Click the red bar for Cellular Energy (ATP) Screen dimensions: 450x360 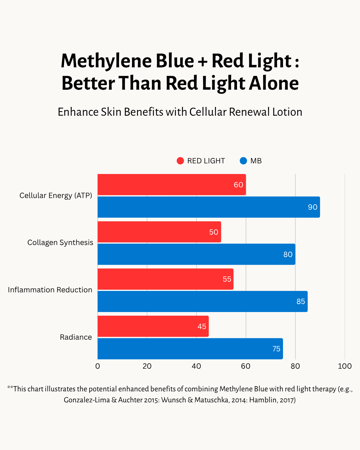click(171, 185)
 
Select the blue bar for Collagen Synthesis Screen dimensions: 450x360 click(196, 254)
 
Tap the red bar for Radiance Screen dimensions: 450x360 click(153, 326)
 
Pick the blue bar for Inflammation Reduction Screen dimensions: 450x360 click(202, 301)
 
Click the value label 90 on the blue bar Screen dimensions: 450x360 click(312, 207)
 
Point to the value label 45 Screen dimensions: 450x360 click(202, 327)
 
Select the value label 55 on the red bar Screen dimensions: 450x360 click(227, 279)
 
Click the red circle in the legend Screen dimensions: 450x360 click(180, 161)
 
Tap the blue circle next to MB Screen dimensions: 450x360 click(243, 161)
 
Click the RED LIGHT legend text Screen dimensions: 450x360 click(206, 161)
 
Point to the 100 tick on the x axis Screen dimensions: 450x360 click(345, 366)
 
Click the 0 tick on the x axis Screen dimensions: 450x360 click(98, 366)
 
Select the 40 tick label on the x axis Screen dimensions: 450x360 click(196, 366)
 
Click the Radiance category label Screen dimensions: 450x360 click(76, 337)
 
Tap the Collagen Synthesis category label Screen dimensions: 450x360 click(60, 243)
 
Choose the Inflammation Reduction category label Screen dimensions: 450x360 click(50, 290)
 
